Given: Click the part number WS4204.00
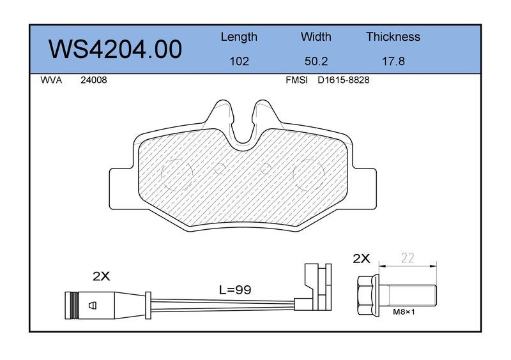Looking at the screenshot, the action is coord(115,49).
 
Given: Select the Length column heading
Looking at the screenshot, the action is coord(239,37).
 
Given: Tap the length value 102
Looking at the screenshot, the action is coord(239,61).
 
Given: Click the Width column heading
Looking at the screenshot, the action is coord(316,36).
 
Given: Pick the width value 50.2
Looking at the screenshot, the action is coord(316,61).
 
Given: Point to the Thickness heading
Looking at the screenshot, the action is coord(393,36).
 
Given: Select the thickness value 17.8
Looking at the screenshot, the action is coord(393,61).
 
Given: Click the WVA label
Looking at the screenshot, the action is coord(51,80).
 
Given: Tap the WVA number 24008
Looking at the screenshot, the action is coord(93,80).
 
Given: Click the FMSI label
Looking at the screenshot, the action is coord(296,80).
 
